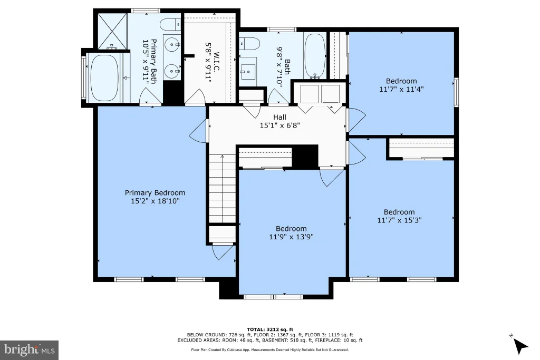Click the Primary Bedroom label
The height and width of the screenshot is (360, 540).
tap(155, 193)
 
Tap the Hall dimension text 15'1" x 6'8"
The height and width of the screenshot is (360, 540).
tap(279, 125)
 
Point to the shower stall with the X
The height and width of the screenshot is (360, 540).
tap(113, 31)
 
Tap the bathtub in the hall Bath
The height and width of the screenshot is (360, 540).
tap(314, 56)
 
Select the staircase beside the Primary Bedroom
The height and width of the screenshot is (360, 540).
tap(223, 189)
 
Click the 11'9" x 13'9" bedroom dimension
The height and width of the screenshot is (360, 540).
tap(291, 237)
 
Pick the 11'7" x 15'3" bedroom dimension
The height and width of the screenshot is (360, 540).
tap(400, 220)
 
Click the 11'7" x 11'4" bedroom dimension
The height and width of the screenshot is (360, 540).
tap(401, 89)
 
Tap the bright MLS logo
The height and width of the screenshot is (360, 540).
tap(30, 350)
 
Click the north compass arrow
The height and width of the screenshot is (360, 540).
tap(520, 345)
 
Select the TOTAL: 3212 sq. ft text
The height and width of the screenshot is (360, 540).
tap(270, 329)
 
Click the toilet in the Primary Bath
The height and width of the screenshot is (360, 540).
tap(170, 24)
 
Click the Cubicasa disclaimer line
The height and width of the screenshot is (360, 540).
tap(270, 349)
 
